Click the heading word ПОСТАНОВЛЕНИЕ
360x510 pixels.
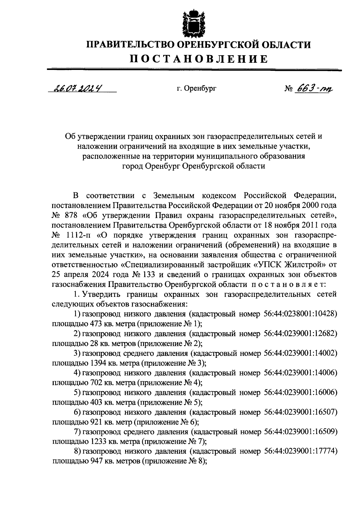(x=199, y=59)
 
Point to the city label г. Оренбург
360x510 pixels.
(x=196, y=89)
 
